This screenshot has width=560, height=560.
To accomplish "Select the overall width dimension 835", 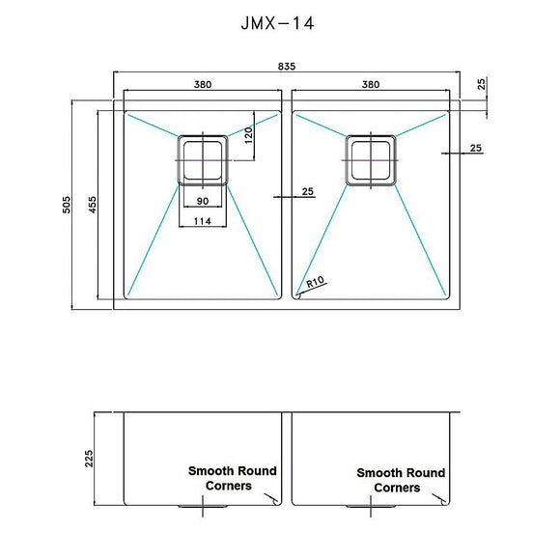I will click(x=288, y=67).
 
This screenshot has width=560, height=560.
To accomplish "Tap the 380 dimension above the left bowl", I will click(x=203, y=85).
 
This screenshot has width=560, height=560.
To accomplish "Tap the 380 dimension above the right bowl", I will click(x=370, y=85).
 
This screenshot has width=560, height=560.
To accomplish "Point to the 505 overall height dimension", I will click(x=67, y=204).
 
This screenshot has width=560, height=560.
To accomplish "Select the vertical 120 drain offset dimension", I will click(x=248, y=134).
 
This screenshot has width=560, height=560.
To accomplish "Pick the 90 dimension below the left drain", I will click(x=202, y=201).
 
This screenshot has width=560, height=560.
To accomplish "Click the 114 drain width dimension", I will click(x=202, y=221).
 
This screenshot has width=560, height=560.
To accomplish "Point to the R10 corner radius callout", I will click(x=314, y=284).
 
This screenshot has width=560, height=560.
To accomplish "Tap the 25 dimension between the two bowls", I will click(x=307, y=191).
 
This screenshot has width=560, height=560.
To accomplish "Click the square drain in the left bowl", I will click(x=202, y=159).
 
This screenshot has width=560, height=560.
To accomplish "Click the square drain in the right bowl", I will click(x=371, y=159).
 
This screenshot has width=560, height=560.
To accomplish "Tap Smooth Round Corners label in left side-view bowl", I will click(x=232, y=478).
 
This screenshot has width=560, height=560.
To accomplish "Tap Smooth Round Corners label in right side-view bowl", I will click(x=401, y=480).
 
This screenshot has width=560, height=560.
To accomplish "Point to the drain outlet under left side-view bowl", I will click(x=190, y=505).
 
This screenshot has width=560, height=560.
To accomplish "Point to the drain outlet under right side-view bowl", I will click(x=359, y=505).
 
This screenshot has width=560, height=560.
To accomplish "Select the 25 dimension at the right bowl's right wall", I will click(x=475, y=148).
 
